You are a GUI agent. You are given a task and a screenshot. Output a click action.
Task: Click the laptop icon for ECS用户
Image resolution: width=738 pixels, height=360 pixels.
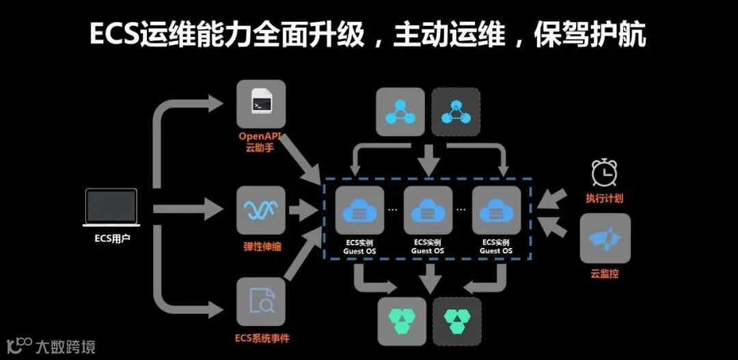point(112,208)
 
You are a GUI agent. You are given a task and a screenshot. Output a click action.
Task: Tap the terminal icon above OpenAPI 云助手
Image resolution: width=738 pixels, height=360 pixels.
point(260,105)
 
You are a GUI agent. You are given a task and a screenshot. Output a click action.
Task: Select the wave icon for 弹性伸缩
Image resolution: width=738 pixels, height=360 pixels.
point(260,210)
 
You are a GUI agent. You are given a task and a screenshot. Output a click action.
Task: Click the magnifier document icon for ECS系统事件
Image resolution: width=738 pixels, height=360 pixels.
point(260,301)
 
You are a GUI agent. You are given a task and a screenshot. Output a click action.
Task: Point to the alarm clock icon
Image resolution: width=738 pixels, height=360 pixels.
point(605,173)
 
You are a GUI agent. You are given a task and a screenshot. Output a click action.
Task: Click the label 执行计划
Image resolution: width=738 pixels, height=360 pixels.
point(605,199)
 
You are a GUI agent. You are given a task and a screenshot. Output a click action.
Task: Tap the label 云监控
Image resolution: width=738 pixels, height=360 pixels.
point(605,275)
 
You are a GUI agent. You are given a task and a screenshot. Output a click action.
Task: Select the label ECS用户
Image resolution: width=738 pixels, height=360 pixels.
point(112,238)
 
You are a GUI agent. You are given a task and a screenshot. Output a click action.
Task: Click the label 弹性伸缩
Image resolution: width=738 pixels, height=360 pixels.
point(260,246)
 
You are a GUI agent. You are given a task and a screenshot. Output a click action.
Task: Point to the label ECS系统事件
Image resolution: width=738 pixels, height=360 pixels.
point(260,338)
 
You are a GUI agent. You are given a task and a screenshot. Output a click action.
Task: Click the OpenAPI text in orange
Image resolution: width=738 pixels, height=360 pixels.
point(260,136)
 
